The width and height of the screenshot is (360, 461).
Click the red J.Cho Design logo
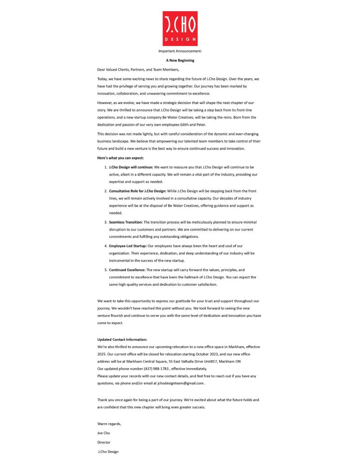tap(180, 28)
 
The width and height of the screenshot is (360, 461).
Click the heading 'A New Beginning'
tap(180, 60)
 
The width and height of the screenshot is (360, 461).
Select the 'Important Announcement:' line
tap(180, 51)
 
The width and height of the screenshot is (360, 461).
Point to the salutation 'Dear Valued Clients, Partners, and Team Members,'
tap(138, 69)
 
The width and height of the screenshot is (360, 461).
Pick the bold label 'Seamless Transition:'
tap(126, 222)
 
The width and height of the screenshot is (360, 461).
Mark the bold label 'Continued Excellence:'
tap(127, 270)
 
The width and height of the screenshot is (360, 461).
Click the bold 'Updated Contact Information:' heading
tap(122, 339)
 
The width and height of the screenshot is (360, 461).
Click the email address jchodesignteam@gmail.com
tap(181, 383)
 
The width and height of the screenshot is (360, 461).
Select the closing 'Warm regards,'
tap(109, 424)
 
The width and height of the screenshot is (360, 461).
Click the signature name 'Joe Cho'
tap(103, 433)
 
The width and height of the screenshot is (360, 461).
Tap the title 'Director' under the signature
tap(104, 442)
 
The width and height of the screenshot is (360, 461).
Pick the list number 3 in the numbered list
tap(105, 222)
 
